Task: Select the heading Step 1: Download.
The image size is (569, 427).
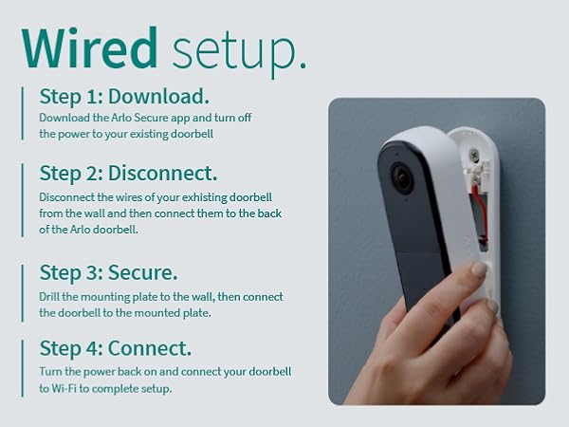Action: (123, 97)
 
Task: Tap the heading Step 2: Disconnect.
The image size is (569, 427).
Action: (128, 174)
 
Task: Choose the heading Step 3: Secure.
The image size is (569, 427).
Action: (108, 273)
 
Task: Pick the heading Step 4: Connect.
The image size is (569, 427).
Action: (114, 347)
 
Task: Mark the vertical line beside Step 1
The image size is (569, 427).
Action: (23, 114)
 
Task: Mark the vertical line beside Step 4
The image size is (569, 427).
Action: (23, 365)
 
